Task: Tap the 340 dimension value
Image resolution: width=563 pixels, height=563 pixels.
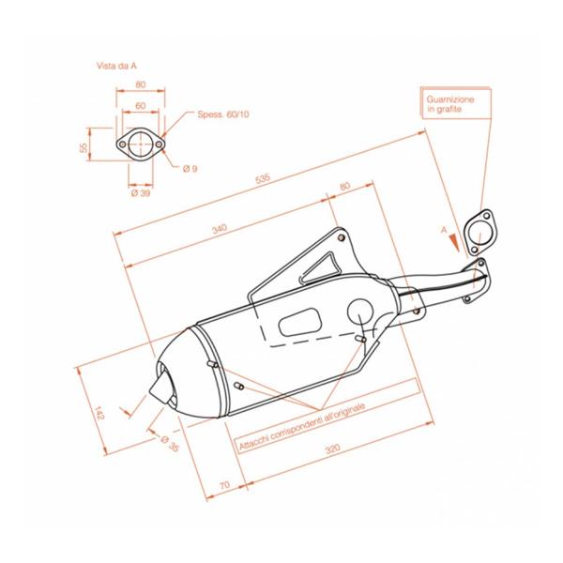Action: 219,229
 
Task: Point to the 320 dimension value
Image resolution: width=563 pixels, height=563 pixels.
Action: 332,449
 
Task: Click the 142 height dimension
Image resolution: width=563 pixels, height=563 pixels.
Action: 96,410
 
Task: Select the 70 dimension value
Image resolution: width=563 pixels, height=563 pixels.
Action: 223,484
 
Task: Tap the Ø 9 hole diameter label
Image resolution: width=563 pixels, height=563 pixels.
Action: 190,168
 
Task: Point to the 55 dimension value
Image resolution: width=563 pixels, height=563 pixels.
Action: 84,148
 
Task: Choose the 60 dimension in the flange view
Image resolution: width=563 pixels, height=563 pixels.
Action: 140,106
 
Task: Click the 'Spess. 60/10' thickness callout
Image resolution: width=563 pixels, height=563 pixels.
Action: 223,114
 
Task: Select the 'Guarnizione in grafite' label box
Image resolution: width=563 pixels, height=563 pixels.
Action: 450,104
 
